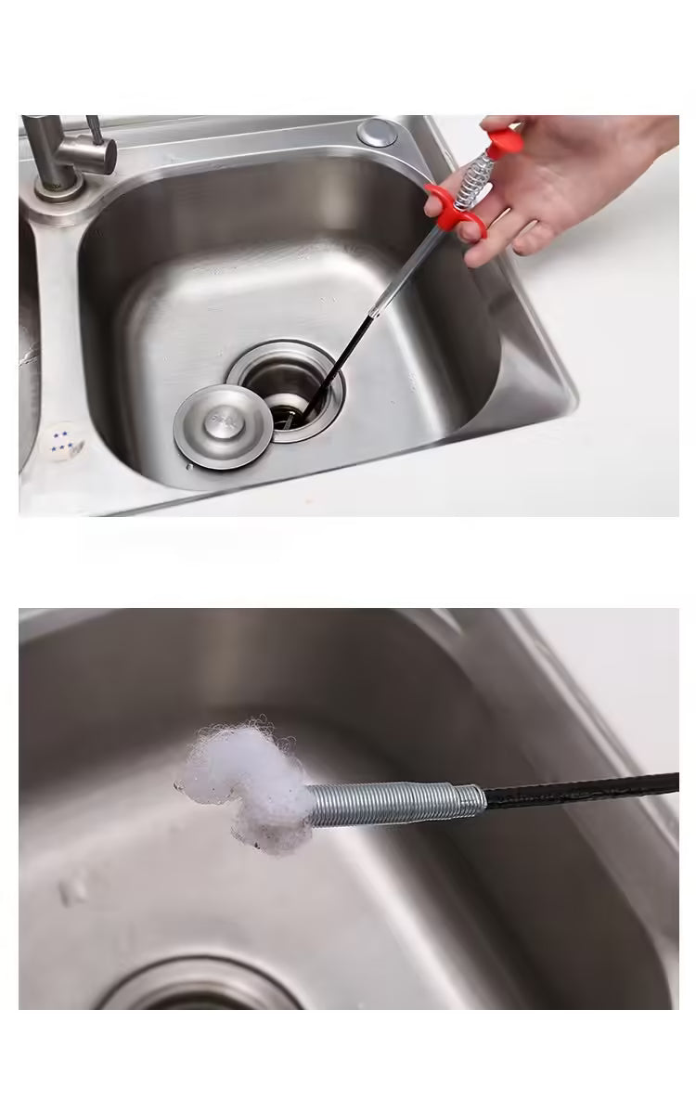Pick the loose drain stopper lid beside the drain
(x=223, y=427)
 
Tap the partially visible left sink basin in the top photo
(x=28, y=353)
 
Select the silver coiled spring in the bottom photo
(x=390, y=804)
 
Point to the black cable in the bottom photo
(x=585, y=791)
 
